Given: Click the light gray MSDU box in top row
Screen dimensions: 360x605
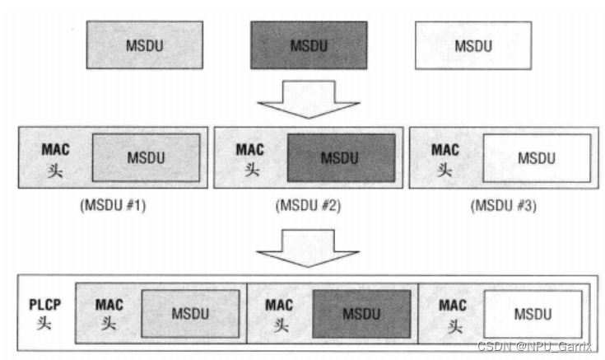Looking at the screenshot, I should click(x=144, y=44).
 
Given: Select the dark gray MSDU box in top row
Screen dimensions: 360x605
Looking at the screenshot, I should click(x=309, y=44).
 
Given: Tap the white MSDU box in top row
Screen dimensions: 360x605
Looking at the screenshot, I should click(x=473, y=44).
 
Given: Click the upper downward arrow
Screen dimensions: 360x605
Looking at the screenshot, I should click(x=308, y=99).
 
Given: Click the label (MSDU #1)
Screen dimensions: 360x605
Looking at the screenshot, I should click(x=113, y=206).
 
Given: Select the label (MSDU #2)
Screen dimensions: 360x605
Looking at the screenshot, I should click(x=308, y=206).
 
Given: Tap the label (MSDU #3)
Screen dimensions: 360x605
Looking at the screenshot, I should click(x=503, y=206).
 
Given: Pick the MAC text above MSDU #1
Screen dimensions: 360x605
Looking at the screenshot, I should click(x=56, y=150).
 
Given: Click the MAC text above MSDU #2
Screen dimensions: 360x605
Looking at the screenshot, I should click(x=250, y=150).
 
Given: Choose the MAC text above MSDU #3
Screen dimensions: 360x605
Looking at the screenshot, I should click(x=445, y=150).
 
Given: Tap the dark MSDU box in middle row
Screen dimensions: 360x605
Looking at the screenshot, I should click(x=341, y=157).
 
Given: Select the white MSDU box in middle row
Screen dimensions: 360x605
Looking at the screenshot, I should click(x=536, y=157).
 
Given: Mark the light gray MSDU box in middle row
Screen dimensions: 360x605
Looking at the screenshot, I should click(x=146, y=157).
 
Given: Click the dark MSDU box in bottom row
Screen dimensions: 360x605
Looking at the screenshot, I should click(x=361, y=313).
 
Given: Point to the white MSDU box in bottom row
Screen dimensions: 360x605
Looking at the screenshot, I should click(x=533, y=313).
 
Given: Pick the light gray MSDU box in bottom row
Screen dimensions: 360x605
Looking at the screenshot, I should click(x=190, y=313).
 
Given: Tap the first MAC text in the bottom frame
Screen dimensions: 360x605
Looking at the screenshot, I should click(x=109, y=305).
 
